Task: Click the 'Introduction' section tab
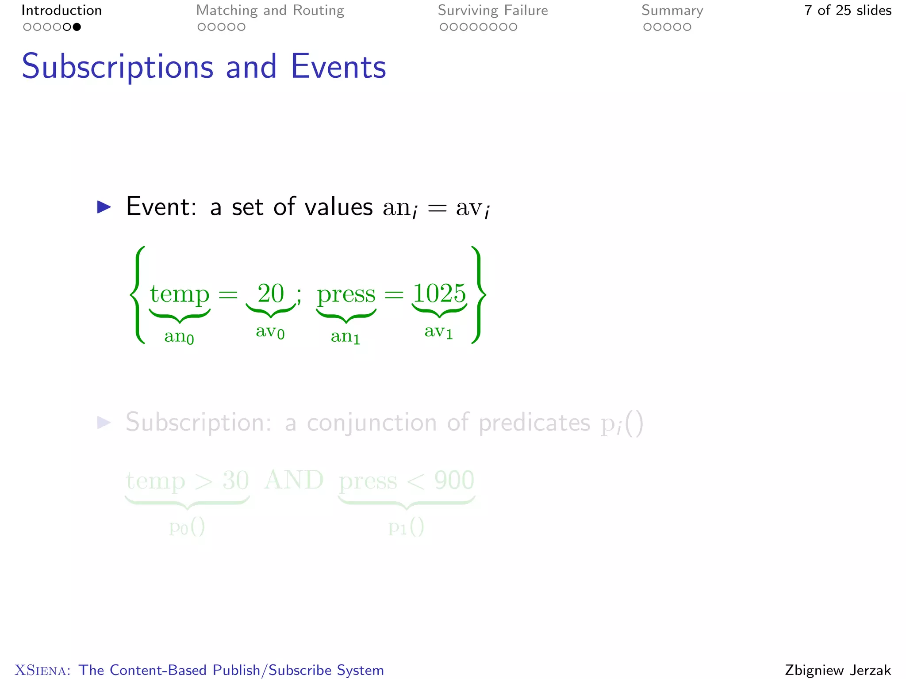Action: coord(61,11)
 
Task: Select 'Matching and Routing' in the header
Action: coord(270,11)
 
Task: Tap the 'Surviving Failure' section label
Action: coord(493,11)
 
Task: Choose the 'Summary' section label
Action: coord(672,11)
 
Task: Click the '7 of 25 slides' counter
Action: coord(848,11)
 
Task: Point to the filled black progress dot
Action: coord(77,27)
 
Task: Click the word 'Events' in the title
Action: coord(338,67)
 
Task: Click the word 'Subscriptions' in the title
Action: coord(118,67)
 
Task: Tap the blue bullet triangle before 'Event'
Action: coord(104,207)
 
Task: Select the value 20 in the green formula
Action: coord(271,294)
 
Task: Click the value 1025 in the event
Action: coord(439,294)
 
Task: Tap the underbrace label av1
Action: coord(439,332)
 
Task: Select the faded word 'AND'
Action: coord(294,480)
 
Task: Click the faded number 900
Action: coord(454,481)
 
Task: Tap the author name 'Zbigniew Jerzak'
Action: coord(838,670)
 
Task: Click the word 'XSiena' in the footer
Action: coord(42,670)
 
